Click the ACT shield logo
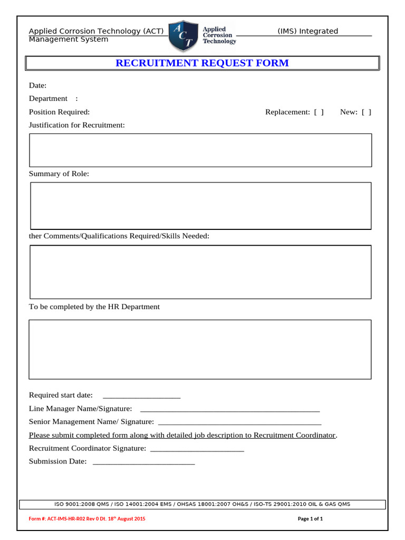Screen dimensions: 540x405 point(184,35)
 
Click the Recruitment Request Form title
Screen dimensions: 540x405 point(202,63)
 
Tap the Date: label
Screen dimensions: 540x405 point(37,85)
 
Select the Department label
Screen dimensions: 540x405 point(48,99)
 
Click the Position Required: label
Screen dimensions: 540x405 point(59,112)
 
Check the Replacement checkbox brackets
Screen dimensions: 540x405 point(319,112)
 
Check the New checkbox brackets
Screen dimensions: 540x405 point(366,112)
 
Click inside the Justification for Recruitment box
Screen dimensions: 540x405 point(200,150)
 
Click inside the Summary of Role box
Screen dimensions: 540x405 point(200,206)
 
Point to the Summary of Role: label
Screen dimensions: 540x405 point(59,173)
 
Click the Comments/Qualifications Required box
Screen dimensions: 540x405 point(200,272)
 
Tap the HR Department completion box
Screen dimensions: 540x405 point(200,349)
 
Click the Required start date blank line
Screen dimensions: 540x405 point(141,396)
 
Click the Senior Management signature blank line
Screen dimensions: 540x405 point(239,422)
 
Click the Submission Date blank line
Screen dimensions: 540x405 point(143,462)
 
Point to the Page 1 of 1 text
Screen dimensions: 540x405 point(310,519)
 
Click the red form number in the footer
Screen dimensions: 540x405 point(87,519)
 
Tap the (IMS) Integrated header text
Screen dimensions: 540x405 point(307,31)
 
